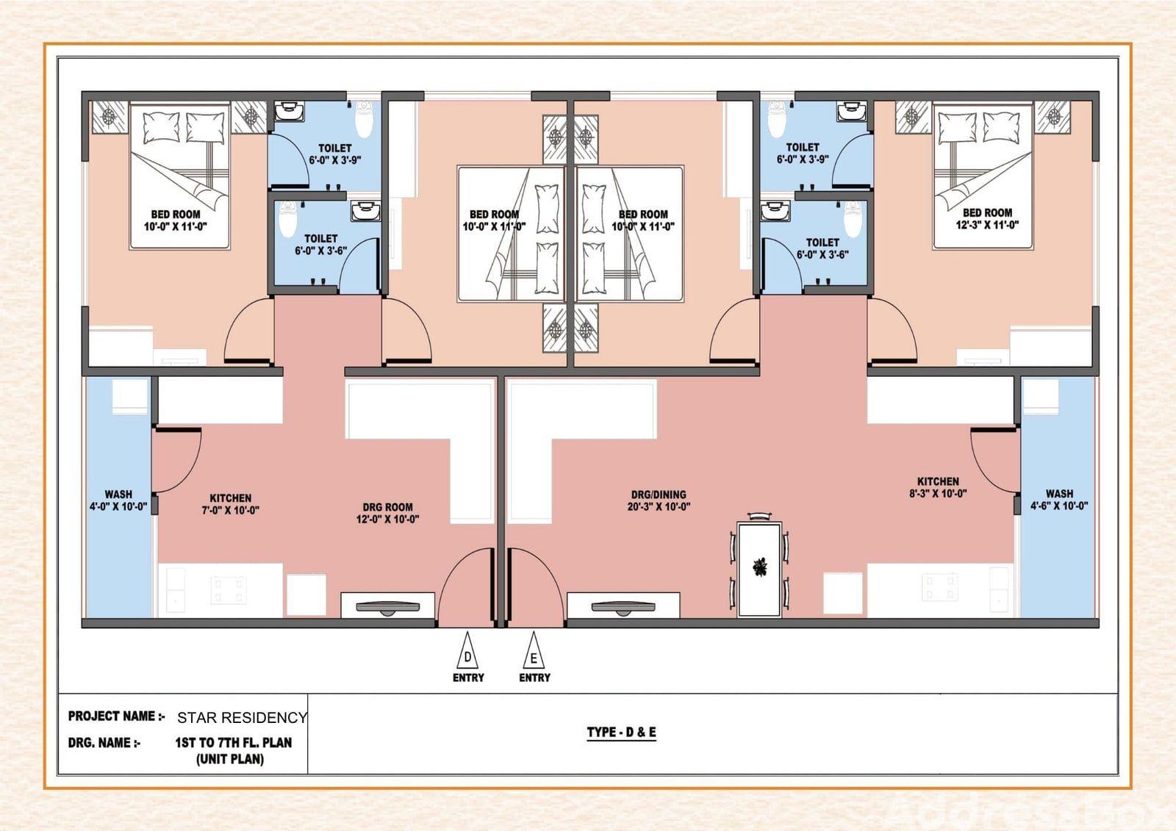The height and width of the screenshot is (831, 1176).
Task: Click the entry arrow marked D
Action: pos(467,650)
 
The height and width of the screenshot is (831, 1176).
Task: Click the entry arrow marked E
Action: pos(534,650)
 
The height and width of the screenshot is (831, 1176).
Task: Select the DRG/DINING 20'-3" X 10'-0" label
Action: pos(659,500)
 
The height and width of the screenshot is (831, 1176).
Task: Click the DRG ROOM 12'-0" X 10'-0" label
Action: pos(387,513)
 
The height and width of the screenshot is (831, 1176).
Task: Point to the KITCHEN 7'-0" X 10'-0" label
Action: pos(231,504)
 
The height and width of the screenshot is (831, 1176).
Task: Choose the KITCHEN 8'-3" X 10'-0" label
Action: pos(938,487)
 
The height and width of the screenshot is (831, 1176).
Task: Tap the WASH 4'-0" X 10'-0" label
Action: pos(118,500)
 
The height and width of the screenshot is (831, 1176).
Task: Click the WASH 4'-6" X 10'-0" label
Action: pos(1059,500)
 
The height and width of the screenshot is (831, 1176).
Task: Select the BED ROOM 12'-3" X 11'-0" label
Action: pos(987,218)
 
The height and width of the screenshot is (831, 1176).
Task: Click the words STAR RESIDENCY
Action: pos(242,718)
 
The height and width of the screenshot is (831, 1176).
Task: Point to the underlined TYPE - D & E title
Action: pos(622,733)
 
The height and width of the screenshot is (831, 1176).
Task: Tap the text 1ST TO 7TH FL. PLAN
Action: pos(233,742)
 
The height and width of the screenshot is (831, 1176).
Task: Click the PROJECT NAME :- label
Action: pos(117,716)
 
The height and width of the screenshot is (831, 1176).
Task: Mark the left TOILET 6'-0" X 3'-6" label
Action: pos(320,245)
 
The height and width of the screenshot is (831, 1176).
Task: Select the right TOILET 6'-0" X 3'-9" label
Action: pos(803,154)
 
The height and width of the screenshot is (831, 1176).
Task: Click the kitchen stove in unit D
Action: pos(229,590)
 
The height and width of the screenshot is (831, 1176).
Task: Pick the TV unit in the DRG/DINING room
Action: pos(624,605)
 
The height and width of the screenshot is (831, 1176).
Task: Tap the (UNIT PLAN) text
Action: pos(230,759)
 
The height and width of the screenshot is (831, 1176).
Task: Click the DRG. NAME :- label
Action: pos(104,743)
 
